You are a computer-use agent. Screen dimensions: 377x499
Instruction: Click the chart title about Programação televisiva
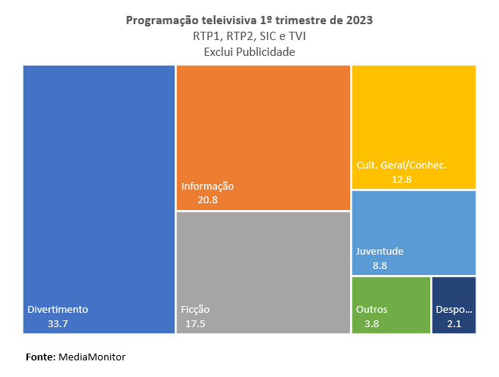[249, 20]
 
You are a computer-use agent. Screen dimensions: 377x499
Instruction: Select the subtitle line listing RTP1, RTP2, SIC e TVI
[249, 36]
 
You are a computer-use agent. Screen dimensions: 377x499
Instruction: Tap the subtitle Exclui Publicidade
[249, 51]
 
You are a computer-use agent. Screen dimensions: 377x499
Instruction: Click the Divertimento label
[58, 309]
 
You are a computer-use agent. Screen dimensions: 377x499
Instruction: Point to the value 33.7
[58, 324]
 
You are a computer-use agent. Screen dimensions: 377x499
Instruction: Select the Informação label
[208, 186]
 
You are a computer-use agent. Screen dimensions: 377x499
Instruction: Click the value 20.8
[208, 200]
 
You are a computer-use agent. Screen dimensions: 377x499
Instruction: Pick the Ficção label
[195, 309]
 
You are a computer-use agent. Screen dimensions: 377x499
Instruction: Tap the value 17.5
[195, 324]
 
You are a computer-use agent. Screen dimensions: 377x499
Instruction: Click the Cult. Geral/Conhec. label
[401, 165]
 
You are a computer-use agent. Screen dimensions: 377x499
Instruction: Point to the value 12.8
[401, 179]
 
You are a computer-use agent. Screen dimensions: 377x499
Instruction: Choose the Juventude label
[380, 251]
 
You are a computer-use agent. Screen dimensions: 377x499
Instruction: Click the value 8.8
[380, 265]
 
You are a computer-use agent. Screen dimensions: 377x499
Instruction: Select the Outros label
[371, 309]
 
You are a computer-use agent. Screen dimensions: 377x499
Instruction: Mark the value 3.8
[371, 324]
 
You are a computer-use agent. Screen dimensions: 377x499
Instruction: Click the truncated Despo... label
[454, 309]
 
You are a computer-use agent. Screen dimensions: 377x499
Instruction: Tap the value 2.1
[454, 324]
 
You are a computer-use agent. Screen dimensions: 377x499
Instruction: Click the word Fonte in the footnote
[40, 356]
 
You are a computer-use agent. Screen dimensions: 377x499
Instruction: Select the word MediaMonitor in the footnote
[91, 356]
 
